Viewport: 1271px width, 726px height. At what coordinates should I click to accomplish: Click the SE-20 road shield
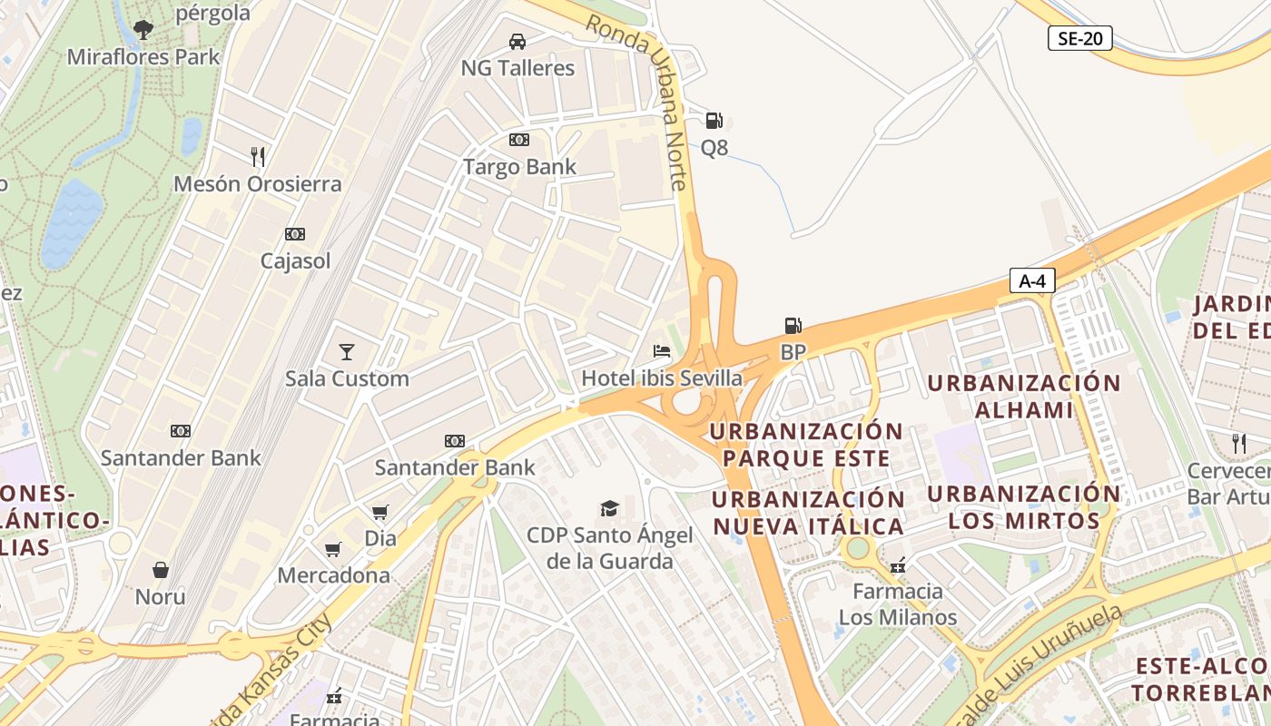[x=1079, y=39]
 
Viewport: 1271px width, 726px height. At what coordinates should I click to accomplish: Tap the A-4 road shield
[x=1032, y=281]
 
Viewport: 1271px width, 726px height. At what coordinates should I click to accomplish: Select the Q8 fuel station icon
[x=714, y=121]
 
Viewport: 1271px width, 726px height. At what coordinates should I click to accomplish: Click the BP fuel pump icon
[x=793, y=326]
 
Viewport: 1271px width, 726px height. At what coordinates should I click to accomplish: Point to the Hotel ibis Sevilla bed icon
[x=662, y=351]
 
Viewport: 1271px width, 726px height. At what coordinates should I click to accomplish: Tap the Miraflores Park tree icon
[x=143, y=30]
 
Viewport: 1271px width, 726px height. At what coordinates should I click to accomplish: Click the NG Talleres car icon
[x=517, y=42]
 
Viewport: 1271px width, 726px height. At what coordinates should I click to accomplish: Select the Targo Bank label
[x=519, y=167]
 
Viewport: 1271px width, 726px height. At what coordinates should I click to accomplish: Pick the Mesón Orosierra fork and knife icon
[x=258, y=157]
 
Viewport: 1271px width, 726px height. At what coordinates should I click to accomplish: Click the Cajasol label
[x=295, y=261]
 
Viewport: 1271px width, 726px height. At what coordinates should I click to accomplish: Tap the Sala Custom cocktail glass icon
[x=346, y=351]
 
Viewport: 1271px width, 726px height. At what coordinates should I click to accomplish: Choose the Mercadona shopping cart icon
[x=333, y=549]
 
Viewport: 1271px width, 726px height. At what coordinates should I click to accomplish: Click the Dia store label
[x=380, y=538]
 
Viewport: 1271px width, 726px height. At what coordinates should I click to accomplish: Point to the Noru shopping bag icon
[x=161, y=570]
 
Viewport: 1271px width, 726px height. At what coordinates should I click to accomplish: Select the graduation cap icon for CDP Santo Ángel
[x=609, y=508]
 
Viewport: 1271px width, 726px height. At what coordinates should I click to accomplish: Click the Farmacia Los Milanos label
[x=898, y=604]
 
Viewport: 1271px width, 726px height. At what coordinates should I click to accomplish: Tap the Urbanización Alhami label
[x=1024, y=396]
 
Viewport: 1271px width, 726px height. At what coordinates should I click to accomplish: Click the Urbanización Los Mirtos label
[x=1024, y=507]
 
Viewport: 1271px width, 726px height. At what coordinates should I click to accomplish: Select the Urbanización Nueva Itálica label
[x=808, y=513]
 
